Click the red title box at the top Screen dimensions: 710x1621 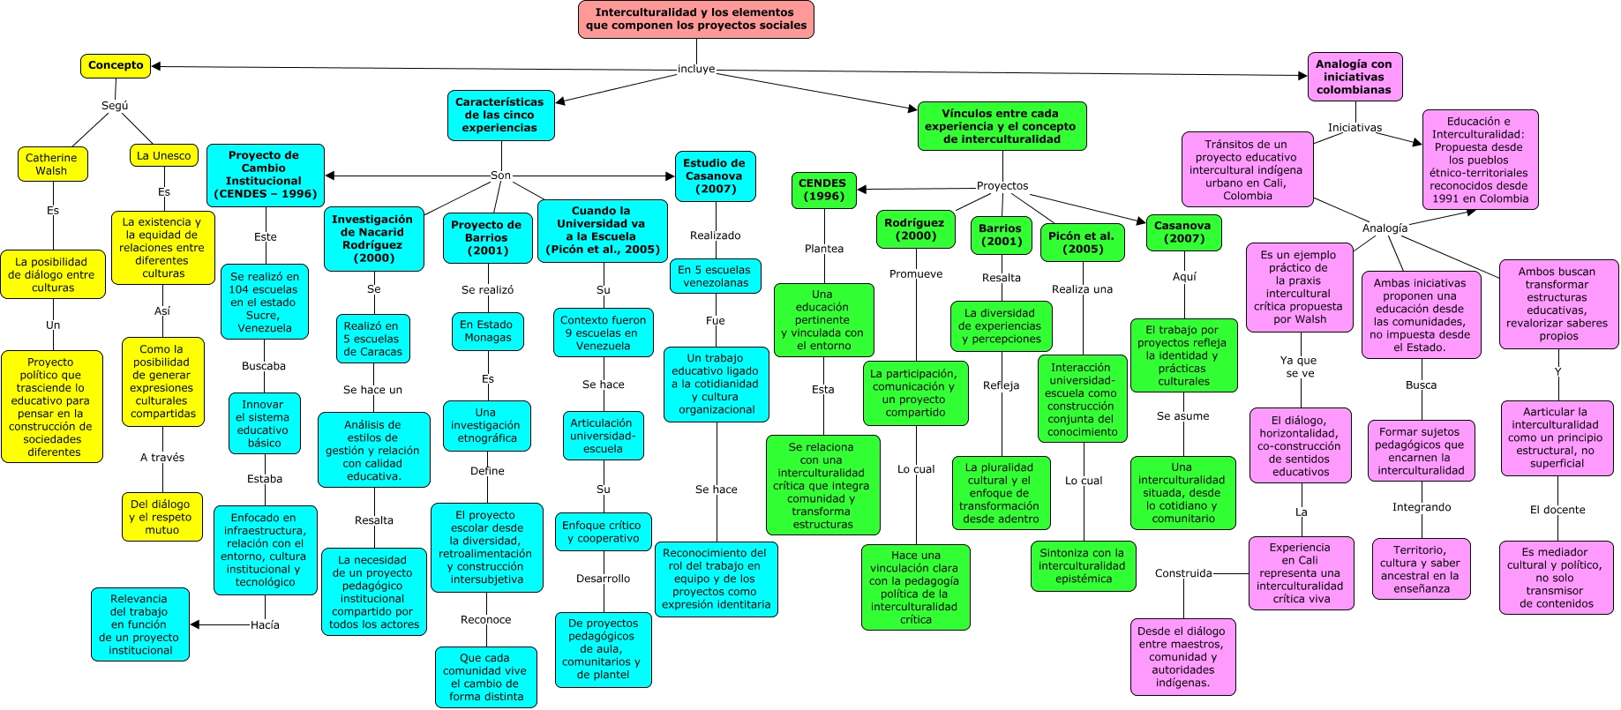[x=695, y=19]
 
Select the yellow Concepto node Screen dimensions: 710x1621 [x=116, y=65]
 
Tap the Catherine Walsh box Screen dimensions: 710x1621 [x=52, y=164]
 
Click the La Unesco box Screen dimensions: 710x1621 [x=163, y=156]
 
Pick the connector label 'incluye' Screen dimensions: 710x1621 [x=695, y=69]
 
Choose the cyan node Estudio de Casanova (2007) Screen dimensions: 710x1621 [x=714, y=176]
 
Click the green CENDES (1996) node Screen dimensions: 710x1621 [x=822, y=190]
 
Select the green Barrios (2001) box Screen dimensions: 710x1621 [x=1000, y=235]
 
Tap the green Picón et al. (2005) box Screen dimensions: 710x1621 [x=1082, y=243]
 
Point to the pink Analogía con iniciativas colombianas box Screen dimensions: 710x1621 [x=1354, y=77]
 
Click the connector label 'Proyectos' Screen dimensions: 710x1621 [x=1002, y=186]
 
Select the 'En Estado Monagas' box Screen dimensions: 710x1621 [x=487, y=331]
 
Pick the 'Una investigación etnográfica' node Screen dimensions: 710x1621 [x=485, y=425]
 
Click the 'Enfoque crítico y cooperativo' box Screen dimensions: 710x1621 [x=603, y=532]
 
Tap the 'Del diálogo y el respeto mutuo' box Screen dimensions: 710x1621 [x=161, y=517]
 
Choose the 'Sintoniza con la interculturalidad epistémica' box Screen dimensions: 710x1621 [x=1082, y=566]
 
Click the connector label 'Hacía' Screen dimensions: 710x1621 [x=265, y=625]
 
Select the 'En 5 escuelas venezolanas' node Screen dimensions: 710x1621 [x=714, y=276]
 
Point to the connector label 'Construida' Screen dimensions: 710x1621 [x=1182, y=573]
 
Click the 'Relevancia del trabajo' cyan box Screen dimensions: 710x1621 [x=139, y=624]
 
